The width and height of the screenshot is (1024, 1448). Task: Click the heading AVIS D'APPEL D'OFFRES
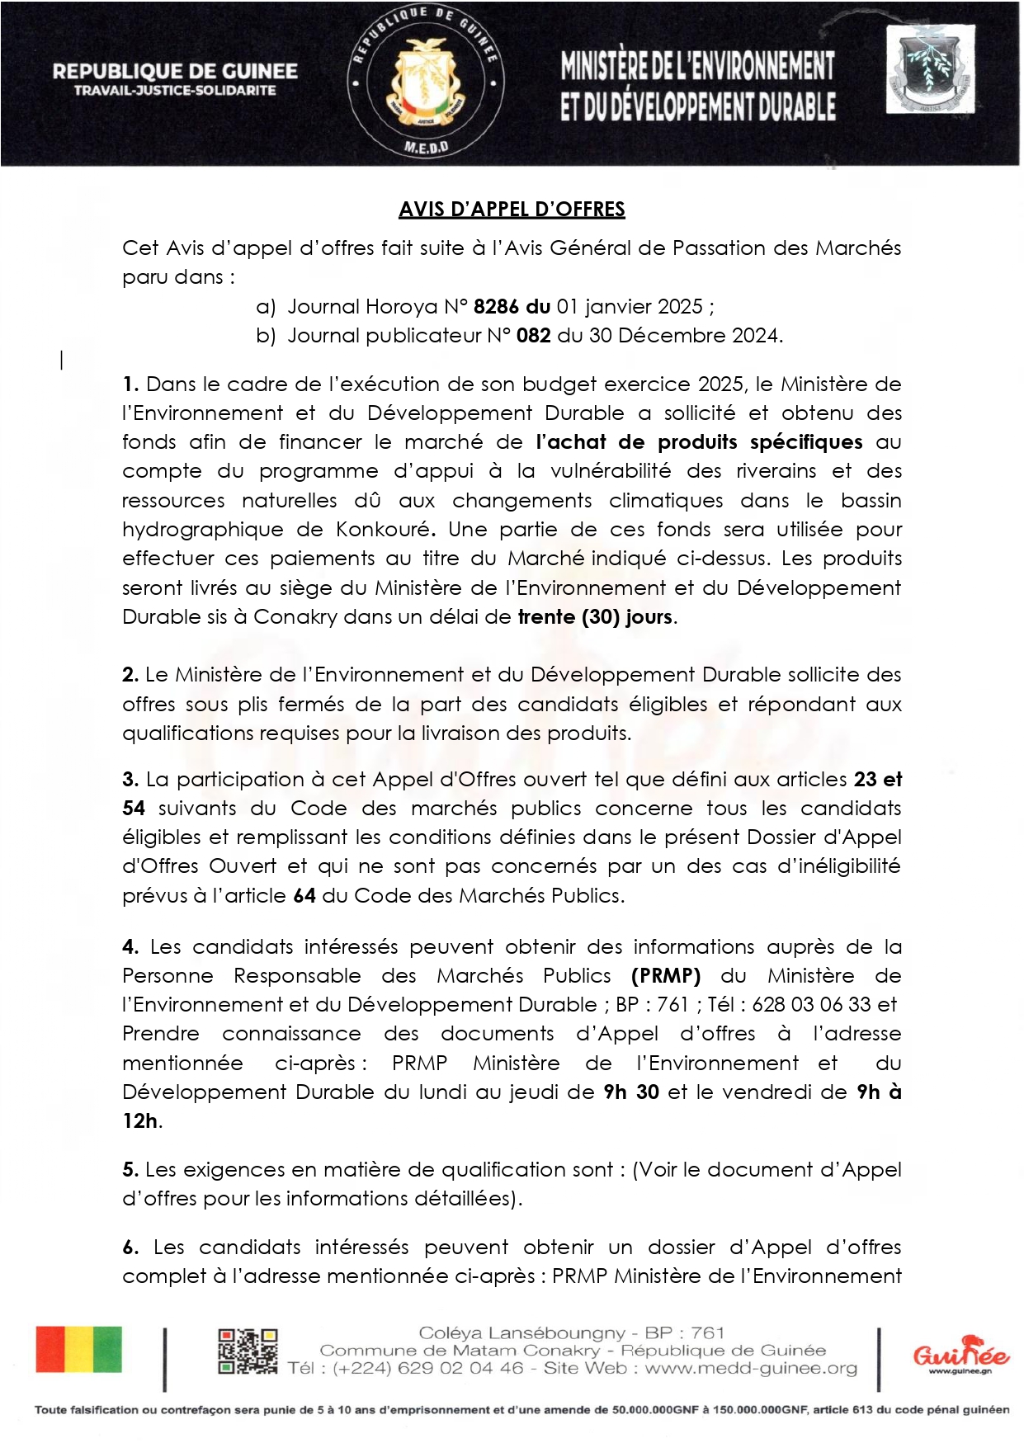512,210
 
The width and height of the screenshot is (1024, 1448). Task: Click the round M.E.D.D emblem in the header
426,83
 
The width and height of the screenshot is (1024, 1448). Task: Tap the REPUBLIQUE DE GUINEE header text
175,72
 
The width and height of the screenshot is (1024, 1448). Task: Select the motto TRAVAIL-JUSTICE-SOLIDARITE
175,91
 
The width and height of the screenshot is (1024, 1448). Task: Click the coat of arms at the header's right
930,69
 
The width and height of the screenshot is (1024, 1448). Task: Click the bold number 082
534,336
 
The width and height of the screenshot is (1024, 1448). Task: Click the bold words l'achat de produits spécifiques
699,442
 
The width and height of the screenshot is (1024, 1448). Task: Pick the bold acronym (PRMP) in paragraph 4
666,976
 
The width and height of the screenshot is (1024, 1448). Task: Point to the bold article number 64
304,896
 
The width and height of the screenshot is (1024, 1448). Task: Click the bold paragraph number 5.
130,1170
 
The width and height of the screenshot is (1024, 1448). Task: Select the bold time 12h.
140,1121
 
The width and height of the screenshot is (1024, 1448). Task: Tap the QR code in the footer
248,1351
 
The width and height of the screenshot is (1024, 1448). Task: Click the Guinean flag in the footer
78,1350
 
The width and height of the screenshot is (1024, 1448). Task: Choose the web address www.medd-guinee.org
751,1369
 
